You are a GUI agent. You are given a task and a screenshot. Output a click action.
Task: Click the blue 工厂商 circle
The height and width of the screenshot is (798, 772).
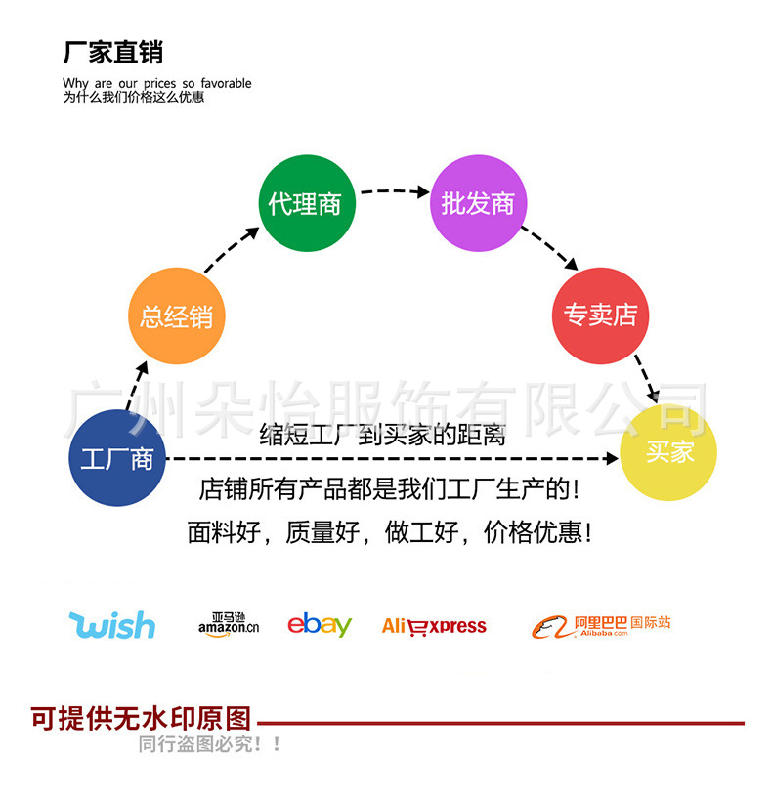tap(117, 458)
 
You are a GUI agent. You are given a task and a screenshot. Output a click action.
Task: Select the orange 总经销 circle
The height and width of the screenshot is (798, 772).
tap(176, 315)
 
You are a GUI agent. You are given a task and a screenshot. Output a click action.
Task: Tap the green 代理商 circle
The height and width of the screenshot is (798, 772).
tap(305, 203)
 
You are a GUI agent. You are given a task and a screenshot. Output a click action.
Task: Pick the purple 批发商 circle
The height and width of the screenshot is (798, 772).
tap(478, 203)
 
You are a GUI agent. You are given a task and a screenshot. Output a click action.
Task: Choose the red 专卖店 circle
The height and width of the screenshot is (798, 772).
tap(600, 315)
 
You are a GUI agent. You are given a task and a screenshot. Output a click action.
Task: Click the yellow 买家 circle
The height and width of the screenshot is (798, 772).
tap(669, 452)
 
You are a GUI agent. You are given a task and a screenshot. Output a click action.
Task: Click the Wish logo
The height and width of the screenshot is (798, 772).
tap(112, 624)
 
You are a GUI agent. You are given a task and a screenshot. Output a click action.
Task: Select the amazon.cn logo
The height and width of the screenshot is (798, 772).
tap(228, 625)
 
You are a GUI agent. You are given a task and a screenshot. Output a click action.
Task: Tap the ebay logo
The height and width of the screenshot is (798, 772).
tap(319, 625)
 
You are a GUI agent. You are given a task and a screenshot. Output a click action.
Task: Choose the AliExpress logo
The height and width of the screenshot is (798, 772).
tap(434, 626)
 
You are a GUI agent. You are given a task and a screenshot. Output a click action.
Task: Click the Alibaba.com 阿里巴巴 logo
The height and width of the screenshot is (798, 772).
tap(601, 626)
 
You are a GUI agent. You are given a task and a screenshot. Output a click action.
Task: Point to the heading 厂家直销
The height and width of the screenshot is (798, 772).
tap(112, 52)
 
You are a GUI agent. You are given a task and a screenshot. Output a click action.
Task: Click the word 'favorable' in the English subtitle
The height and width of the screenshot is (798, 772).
tap(226, 83)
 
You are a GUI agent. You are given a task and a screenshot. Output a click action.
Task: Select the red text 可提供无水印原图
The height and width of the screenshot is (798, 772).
tap(141, 720)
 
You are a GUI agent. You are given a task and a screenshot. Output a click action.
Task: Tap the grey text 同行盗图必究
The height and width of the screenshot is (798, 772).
tap(209, 744)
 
